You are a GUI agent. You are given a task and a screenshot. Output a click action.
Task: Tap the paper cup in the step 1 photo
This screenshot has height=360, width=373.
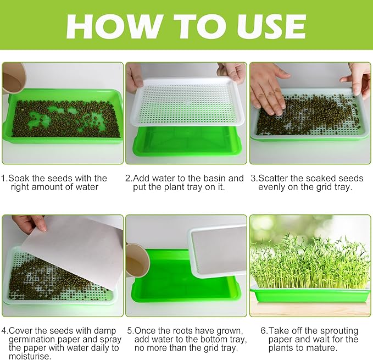(x=14, y=77)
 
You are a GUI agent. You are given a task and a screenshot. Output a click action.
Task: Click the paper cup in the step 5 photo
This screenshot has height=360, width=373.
(x=137, y=259)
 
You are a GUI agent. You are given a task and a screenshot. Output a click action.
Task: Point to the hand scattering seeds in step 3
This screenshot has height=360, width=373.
(x=269, y=88)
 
